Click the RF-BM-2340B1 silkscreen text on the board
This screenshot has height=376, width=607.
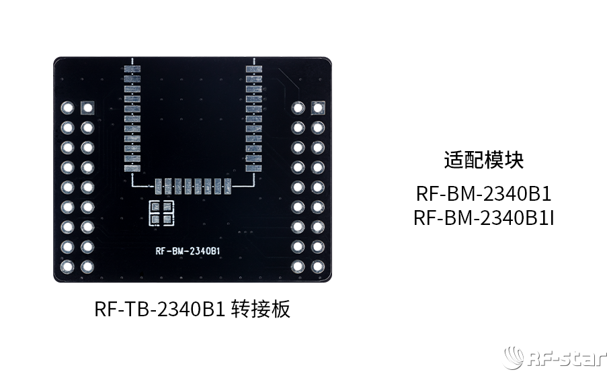pos(188,251)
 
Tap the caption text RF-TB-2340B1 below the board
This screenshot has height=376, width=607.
pos(160,309)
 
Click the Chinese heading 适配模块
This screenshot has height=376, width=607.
pos(483,160)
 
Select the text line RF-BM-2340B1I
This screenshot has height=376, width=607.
pos(483,218)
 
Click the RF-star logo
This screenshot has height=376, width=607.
pos(555,357)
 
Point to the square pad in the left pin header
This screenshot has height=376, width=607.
pos(87,107)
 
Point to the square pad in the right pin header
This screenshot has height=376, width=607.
pos(318,107)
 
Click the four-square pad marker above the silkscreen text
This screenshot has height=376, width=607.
pos(161,213)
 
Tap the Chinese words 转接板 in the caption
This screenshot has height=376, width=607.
pos(261,309)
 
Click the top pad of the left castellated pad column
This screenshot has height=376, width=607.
pos(132,69)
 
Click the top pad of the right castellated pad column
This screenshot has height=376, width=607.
pos(254,69)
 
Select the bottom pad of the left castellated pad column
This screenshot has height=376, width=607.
pos(132,169)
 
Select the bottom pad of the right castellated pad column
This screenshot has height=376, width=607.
pos(254,169)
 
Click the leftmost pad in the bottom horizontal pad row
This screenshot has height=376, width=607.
pos(158,187)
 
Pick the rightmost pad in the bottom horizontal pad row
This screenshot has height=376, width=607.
pos(228,187)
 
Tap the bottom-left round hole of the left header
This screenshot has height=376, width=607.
pos(67,266)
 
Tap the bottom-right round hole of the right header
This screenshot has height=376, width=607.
pos(318,266)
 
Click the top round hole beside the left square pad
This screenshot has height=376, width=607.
pos(67,107)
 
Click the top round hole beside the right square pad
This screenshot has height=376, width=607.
pos(298,107)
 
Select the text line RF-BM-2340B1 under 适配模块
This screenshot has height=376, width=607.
pos(483,193)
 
